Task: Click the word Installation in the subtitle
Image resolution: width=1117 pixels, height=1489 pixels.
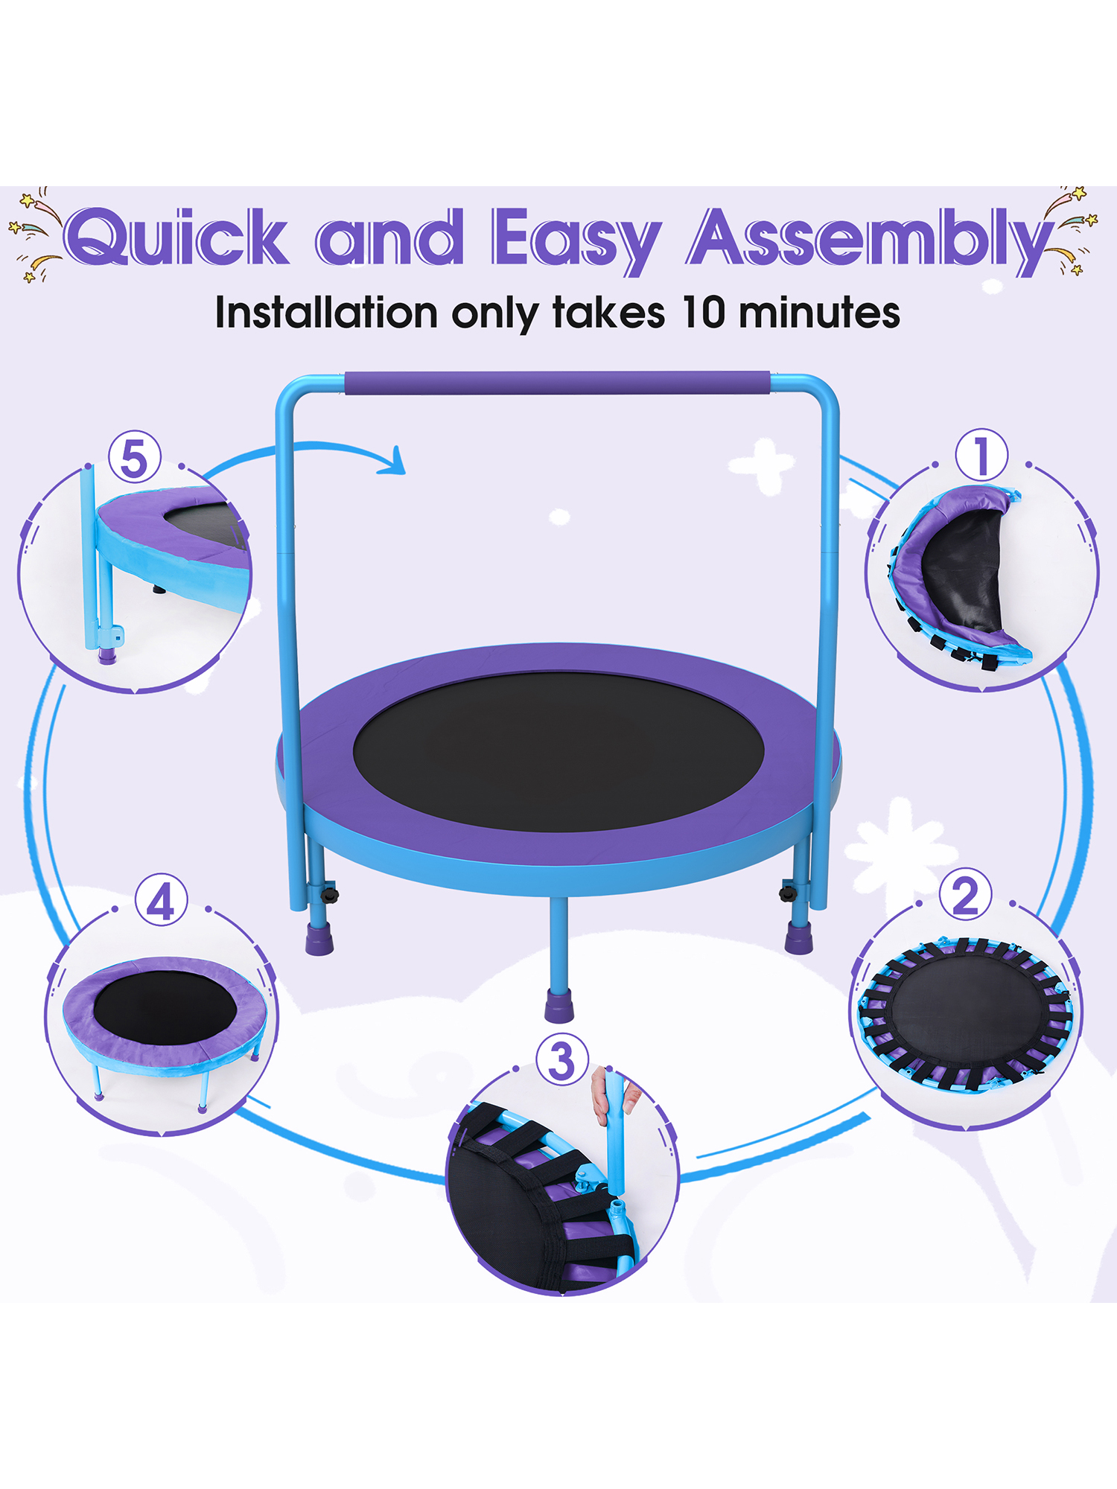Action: pos(326,312)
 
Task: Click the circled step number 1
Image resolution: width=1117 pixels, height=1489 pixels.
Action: pos(981,455)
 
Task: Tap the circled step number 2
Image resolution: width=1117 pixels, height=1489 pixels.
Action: pos(965,895)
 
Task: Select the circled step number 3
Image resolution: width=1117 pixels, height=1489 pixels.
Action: pos(562,1060)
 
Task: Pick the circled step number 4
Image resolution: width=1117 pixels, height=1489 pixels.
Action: pos(161,900)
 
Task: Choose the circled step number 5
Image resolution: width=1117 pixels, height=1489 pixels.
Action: pos(135,457)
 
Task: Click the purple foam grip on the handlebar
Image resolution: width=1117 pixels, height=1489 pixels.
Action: pos(557,383)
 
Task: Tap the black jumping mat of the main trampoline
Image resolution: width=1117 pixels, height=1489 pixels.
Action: pos(558,751)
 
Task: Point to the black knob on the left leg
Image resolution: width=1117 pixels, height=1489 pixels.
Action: pos(328,892)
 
